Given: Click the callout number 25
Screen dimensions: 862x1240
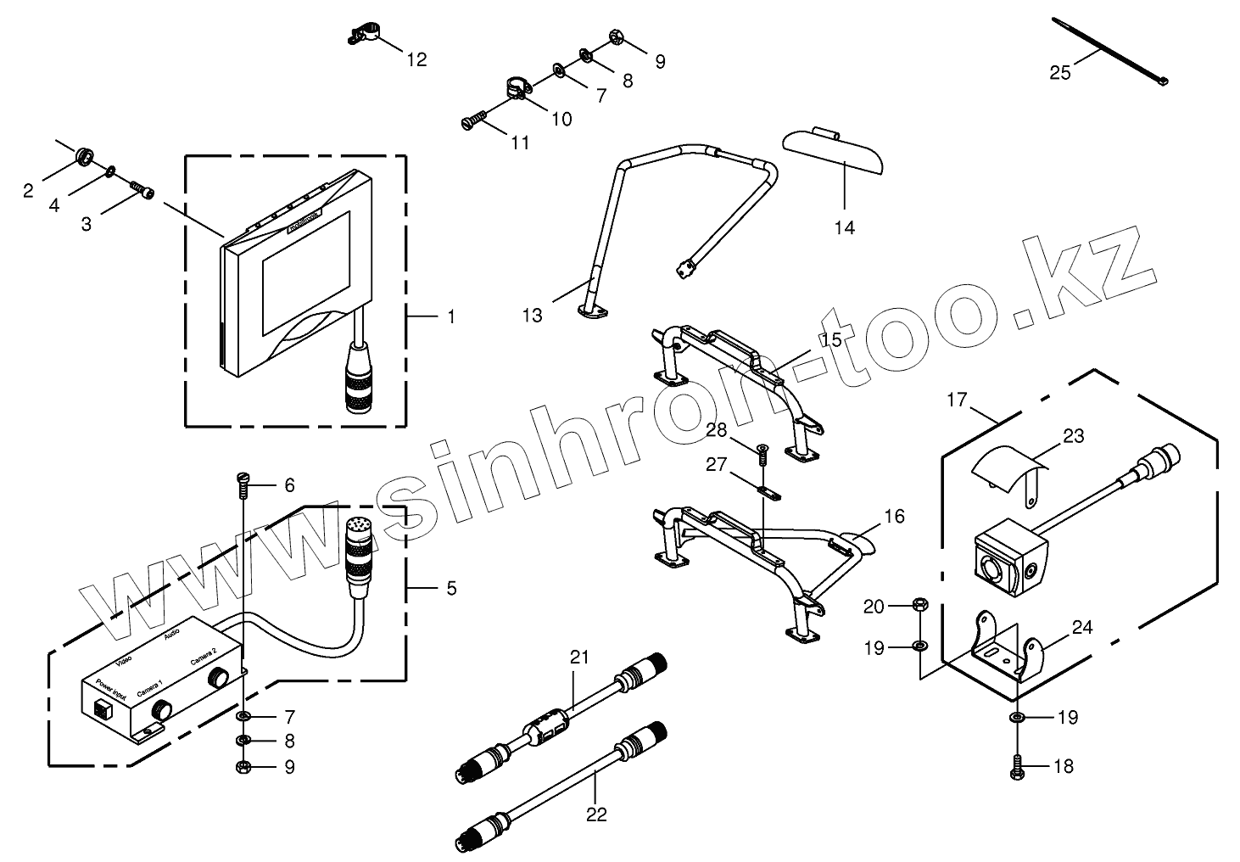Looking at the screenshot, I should tap(1060, 73).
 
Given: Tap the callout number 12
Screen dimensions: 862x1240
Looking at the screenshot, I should tap(416, 59).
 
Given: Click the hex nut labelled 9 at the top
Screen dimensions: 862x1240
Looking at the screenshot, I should tap(615, 38).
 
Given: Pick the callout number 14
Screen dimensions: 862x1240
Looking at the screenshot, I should tap(845, 227).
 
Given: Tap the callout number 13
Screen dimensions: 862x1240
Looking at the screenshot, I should tap(532, 316).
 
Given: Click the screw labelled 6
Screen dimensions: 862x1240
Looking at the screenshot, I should tap(242, 483).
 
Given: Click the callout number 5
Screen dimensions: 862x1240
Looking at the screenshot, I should tap(451, 587).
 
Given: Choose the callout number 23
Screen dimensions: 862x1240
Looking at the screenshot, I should tap(1074, 437).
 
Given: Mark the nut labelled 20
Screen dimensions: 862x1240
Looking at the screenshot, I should tap(920, 605).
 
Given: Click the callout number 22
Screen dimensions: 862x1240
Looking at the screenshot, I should tap(597, 814).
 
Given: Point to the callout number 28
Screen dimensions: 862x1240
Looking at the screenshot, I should tap(718, 430).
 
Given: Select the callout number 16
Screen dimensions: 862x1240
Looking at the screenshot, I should tap(894, 516).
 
